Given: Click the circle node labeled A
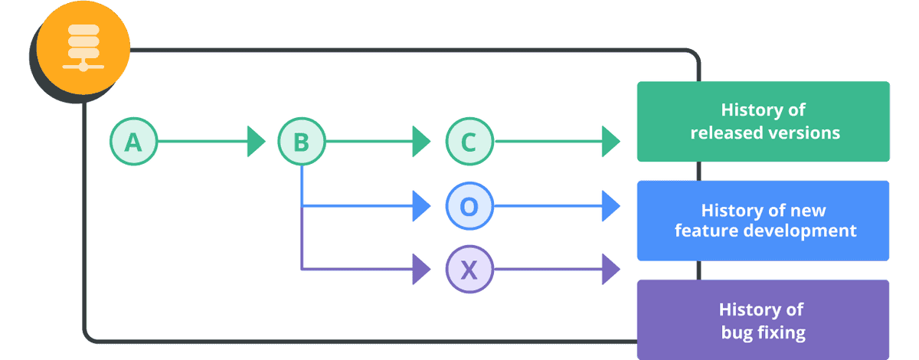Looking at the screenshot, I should click(133, 142).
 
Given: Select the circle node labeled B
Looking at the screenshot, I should click(301, 142).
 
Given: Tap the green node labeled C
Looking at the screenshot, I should click(469, 142).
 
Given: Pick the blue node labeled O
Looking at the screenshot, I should click(469, 206).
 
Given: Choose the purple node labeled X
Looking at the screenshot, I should click(469, 269).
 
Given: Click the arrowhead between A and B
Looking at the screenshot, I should click(256, 142).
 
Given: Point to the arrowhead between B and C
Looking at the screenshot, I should click(421, 142).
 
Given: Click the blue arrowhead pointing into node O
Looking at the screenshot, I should click(421, 206).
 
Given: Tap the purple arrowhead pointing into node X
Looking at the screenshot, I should click(421, 269).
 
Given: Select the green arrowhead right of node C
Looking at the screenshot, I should click(610, 142).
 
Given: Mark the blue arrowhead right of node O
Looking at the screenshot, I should click(610, 206).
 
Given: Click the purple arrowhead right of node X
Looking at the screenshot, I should click(610, 269).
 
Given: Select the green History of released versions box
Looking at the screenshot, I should click(763, 122).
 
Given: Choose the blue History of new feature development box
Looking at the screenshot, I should click(763, 221).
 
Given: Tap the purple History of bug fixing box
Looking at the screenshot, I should click(763, 320).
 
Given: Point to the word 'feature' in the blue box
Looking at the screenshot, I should click(705, 231).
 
